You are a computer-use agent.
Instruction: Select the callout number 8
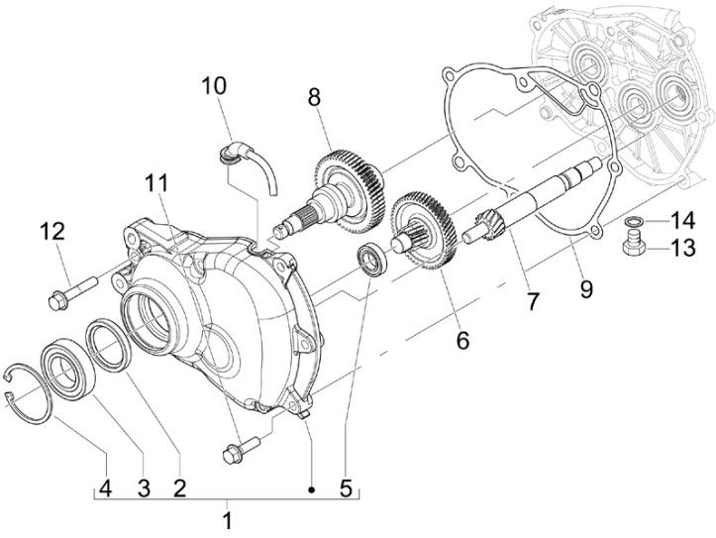[314, 98]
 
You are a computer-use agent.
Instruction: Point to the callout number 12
[52, 232]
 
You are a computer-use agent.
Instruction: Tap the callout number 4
[103, 487]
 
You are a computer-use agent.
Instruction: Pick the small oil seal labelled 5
[370, 258]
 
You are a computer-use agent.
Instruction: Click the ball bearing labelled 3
[65, 366]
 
